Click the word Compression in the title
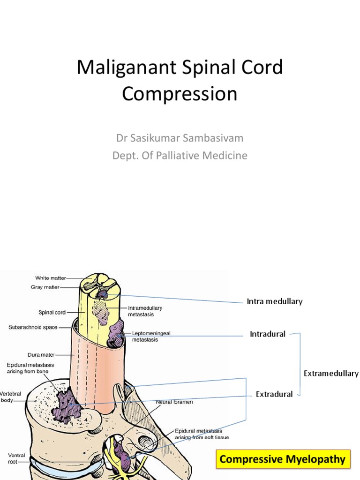click(x=180, y=94)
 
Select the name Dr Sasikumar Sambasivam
click(x=180, y=138)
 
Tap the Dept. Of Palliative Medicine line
click(x=180, y=155)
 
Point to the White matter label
click(x=48, y=278)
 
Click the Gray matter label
click(x=45, y=287)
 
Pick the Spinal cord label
click(x=52, y=312)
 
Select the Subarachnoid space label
click(x=33, y=327)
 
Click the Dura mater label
click(x=41, y=355)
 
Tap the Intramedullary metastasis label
click(x=145, y=311)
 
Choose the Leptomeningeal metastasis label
click(x=151, y=336)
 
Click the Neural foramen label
click(x=175, y=402)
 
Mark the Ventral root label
click(x=16, y=458)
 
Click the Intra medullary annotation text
click(x=274, y=301)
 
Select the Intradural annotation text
click(x=267, y=334)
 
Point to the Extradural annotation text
click(x=274, y=394)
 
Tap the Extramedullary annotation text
click(x=331, y=374)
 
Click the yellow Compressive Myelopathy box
click(x=283, y=459)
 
